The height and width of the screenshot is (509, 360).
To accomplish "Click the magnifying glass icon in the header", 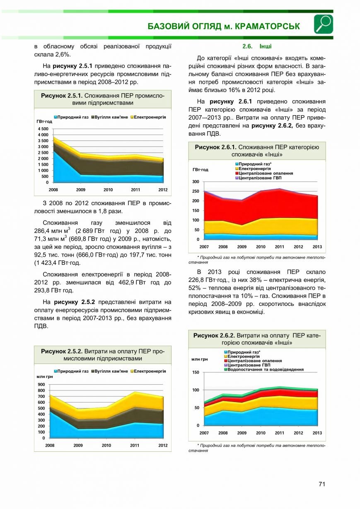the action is (x=324, y=24).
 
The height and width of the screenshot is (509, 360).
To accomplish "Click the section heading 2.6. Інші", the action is (x=257, y=46).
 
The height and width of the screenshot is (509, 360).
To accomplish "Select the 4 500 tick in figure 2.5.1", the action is (x=43, y=129).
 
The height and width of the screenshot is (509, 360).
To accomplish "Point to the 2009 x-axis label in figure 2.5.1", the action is (x=81, y=190).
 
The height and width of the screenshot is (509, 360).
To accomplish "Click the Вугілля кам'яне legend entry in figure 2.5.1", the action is (x=110, y=117).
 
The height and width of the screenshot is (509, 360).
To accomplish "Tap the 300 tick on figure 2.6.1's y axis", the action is (x=196, y=182).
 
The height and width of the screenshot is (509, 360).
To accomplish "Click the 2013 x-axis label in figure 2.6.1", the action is (x=317, y=247).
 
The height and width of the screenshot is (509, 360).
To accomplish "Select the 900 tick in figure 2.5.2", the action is (x=41, y=385).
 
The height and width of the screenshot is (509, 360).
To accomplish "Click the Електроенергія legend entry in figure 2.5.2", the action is (x=148, y=371).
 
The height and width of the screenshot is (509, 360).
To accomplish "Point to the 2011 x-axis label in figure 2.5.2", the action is (x=135, y=445).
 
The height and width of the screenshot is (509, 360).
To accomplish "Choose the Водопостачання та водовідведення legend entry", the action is (x=264, y=369).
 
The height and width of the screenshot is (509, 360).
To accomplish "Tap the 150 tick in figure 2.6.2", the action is (x=196, y=372).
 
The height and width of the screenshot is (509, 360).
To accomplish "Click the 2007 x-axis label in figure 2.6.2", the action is (x=204, y=433).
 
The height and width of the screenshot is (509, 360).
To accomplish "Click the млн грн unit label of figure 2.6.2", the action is (x=199, y=359).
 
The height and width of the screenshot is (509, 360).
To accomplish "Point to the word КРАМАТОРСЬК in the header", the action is (x=267, y=27).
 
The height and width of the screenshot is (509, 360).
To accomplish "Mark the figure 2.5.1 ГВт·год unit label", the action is (x=44, y=121).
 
